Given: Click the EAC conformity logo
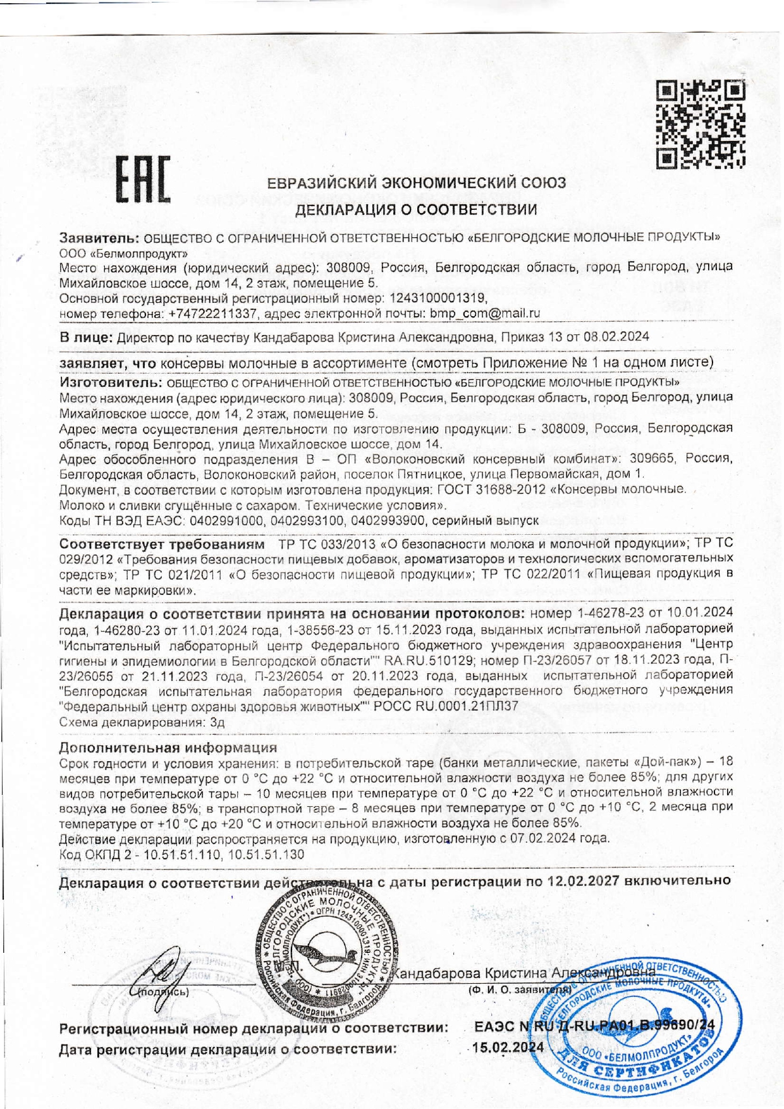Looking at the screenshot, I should point(144,180).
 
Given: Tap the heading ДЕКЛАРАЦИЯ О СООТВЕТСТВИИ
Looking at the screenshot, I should point(417,209).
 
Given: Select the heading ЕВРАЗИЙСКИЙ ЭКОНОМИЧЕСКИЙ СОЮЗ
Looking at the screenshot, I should point(417,183).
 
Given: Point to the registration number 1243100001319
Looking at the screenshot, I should point(438,298).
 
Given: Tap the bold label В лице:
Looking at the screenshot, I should point(86,337).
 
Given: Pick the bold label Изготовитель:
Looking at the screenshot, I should point(111,383).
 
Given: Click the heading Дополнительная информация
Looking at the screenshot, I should point(168,748).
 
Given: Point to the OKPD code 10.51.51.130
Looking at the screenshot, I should point(266,855).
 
